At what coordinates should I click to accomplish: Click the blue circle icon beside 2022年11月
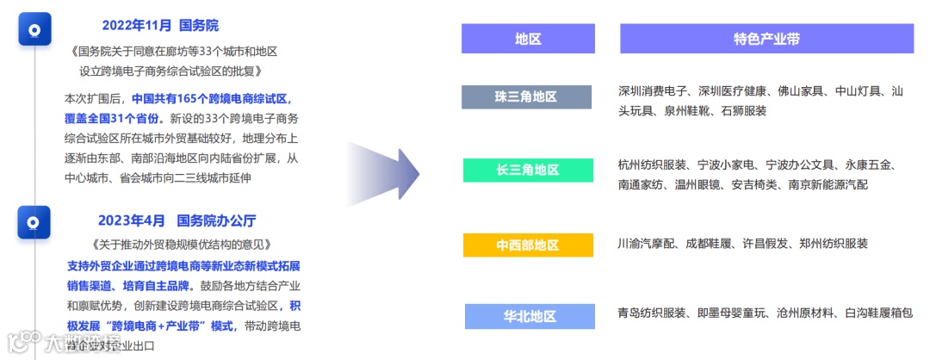tap(34, 29)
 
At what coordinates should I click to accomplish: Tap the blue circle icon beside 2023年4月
tap(34, 222)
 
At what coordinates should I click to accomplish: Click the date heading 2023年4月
tap(127, 220)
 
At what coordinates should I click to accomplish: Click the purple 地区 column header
tap(527, 39)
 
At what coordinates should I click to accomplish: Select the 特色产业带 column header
tap(766, 39)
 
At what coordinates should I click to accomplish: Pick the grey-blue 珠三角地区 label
tap(527, 97)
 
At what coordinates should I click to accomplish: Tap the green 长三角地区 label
tap(527, 171)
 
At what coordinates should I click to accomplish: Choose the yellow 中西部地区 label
tap(527, 245)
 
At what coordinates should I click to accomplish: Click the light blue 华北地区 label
tap(530, 316)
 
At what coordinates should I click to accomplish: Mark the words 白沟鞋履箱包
tap(879, 313)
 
